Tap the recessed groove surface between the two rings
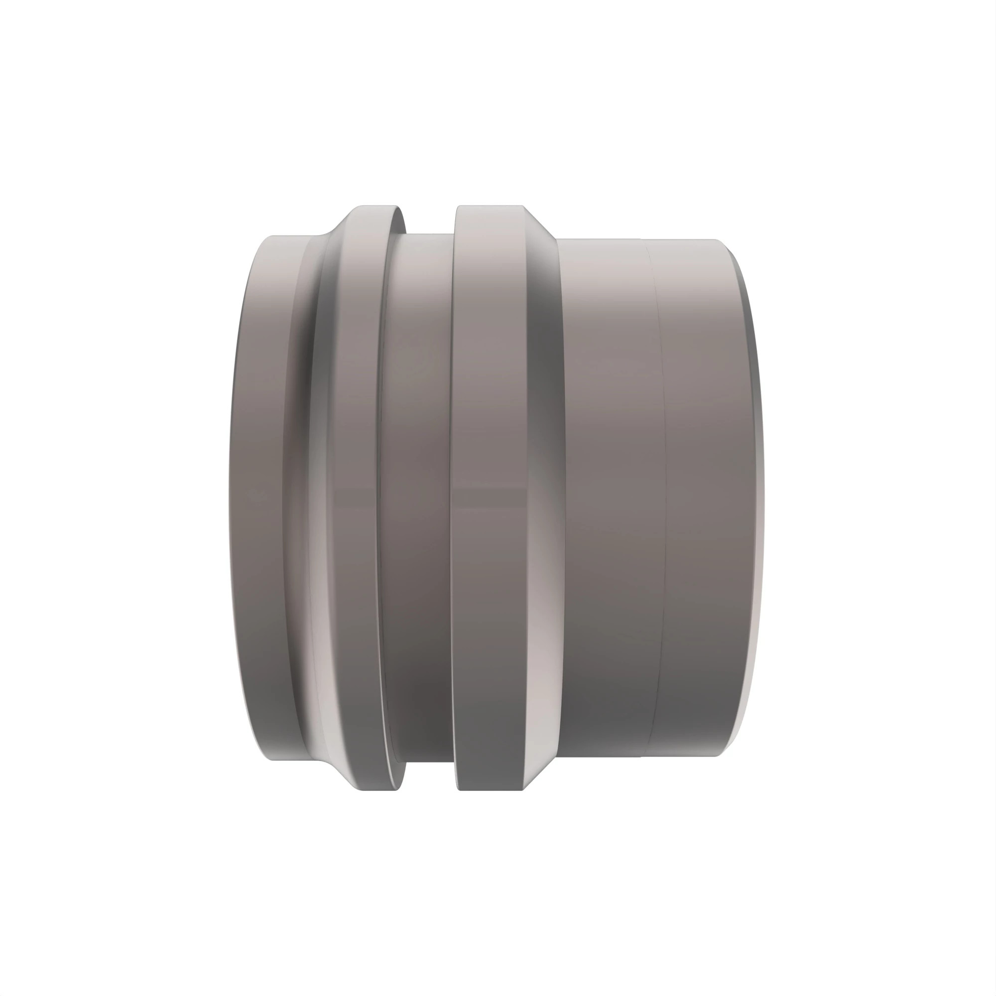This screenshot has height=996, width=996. point(418,495)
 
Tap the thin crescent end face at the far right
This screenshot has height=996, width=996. point(756,495)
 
